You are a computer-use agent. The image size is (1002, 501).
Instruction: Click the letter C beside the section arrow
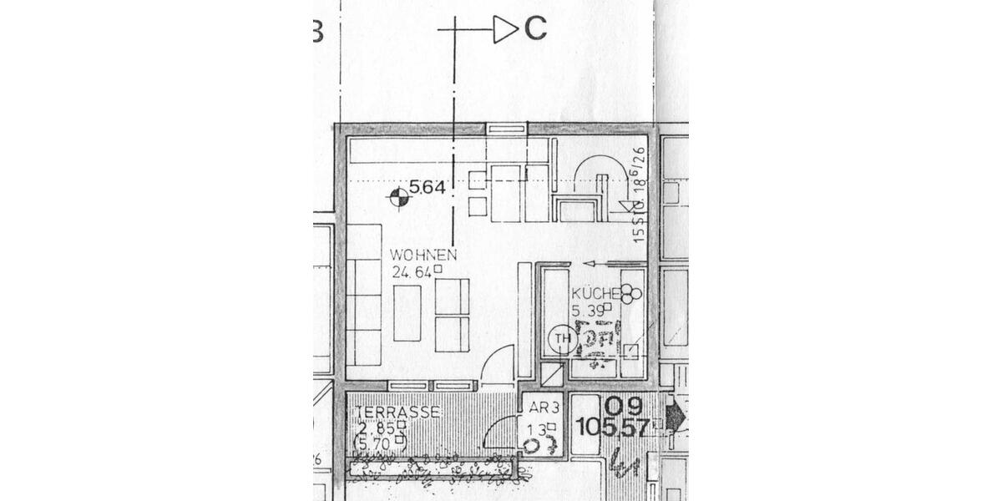(535, 29)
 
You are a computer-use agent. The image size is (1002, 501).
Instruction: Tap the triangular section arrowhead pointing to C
(505, 29)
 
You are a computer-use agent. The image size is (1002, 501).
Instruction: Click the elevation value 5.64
(427, 188)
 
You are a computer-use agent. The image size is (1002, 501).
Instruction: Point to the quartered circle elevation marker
(399, 197)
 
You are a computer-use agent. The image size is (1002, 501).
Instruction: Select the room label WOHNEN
(423, 255)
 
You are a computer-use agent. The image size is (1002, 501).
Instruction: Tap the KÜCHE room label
(594, 294)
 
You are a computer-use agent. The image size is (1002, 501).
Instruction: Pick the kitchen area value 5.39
(589, 311)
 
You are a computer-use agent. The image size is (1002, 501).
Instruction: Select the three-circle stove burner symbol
(630, 292)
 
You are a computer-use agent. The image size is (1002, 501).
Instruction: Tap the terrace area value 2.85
(376, 428)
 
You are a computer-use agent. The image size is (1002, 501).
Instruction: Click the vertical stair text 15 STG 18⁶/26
(639, 195)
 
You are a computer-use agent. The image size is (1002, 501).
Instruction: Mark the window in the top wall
(507, 129)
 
